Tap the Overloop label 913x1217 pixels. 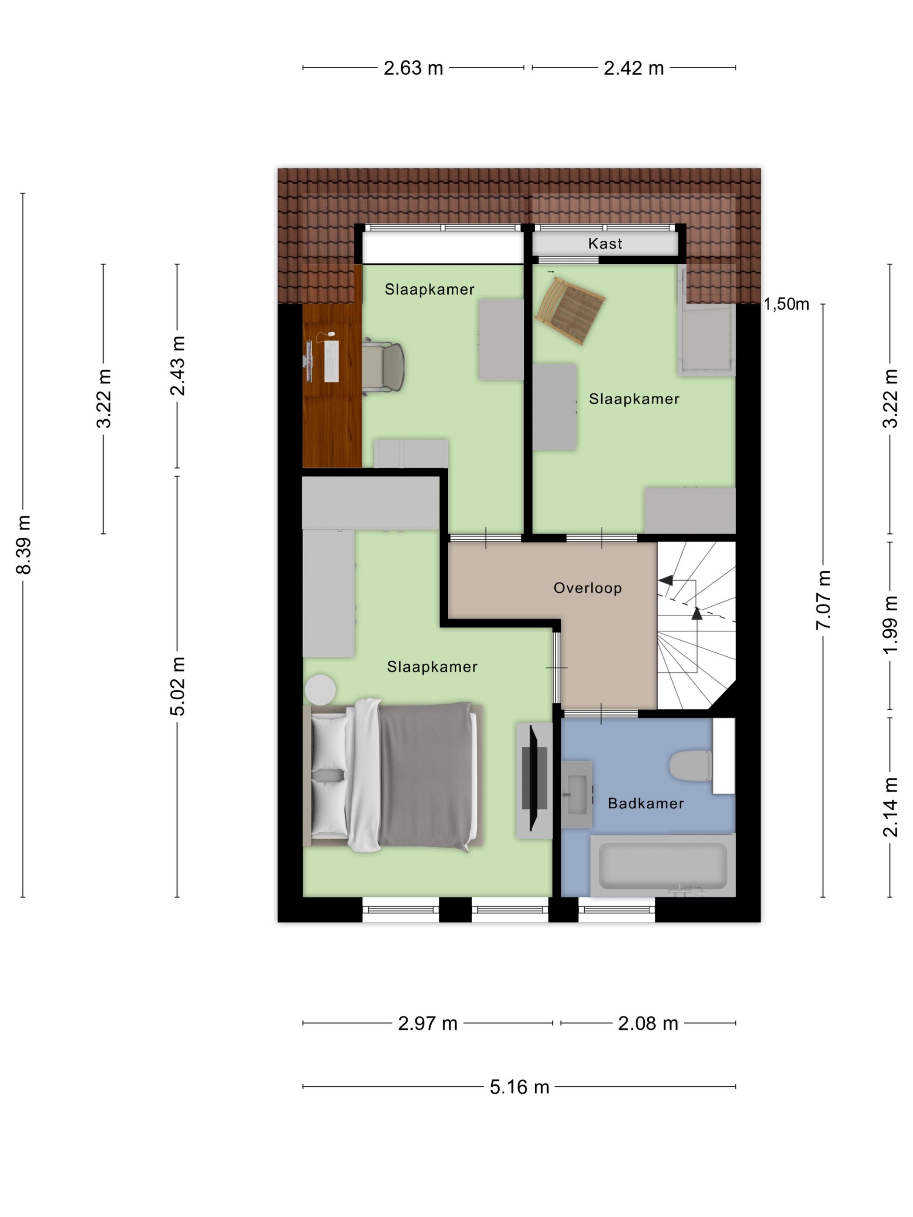pyautogui.click(x=588, y=588)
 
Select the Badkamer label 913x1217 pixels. pyautogui.click(x=646, y=803)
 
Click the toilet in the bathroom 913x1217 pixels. pyautogui.click(x=691, y=765)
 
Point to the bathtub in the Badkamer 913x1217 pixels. pyautogui.click(x=663, y=865)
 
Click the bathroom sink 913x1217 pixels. pyautogui.click(x=577, y=795)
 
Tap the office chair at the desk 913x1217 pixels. pyautogui.click(x=383, y=366)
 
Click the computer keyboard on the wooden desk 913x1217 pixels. pyautogui.click(x=331, y=361)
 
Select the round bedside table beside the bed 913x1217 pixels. pyautogui.click(x=320, y=689)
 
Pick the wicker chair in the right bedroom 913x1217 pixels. pyautogui.click(x=570, y=311)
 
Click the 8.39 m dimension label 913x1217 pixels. pyautogui.click(x=23, y=545)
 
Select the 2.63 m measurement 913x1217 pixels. pyautogui.click(x=413, y=68)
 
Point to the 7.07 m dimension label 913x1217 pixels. pyautogui.click(x=823, y=600)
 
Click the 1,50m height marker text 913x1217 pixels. pyautogui.click(x=786, y=304)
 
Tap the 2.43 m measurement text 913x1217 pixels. pyautogui.click(x=177, y=366)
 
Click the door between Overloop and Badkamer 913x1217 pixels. pyautogui.click(x=601, y=714)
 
